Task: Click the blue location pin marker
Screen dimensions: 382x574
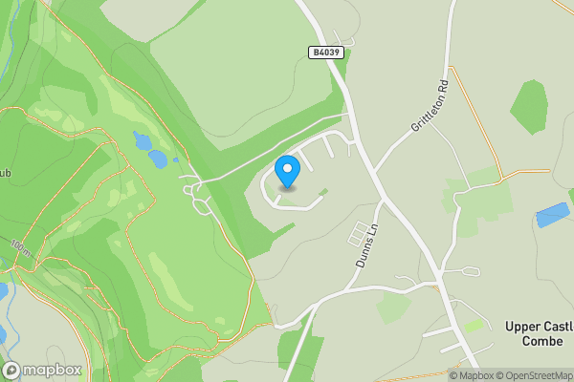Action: [287, 171]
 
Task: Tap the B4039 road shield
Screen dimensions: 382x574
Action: [325, 53]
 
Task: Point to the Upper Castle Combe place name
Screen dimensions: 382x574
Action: [539, 334]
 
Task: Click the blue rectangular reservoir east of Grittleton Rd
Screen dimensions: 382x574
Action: [552, 215]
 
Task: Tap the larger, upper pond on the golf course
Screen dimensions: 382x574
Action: [143, 142]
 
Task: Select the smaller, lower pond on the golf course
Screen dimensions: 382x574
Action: [159, 159]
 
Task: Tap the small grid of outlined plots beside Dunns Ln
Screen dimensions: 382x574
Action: [357, 232]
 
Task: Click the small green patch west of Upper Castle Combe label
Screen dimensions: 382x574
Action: [473, 326]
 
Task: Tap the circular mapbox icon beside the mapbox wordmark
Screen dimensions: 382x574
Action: [11, 370]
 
